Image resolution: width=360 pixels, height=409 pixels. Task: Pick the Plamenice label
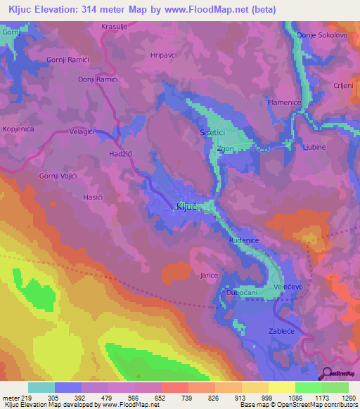point(283,103)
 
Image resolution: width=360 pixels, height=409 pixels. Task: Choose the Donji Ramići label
point(96,80)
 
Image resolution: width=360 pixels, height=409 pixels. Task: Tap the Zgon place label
point(225,149)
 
